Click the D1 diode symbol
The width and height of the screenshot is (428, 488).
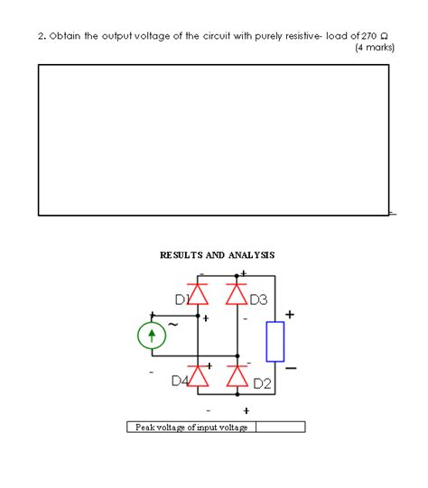tap(198, 293)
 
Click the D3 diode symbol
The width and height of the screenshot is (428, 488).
tap(237, 293)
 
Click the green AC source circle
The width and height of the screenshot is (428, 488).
tap(153, 336)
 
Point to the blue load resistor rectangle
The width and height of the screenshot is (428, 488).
tap(275, 340)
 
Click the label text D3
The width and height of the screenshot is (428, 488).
tap(258, 299)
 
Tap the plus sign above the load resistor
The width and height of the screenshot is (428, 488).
tap(290, 314)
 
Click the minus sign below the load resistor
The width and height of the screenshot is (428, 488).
tap(290, 368)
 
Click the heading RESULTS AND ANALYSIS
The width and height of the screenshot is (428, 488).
tap(218, 255)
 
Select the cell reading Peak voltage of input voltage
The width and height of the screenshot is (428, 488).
tap(191, 427)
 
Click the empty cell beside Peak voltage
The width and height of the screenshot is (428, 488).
tap(281, 427)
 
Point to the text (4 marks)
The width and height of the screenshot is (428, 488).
tap(376, 47)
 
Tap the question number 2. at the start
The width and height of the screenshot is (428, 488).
tap(42, 35)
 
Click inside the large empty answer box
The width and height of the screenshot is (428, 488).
tap(213, 139)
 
